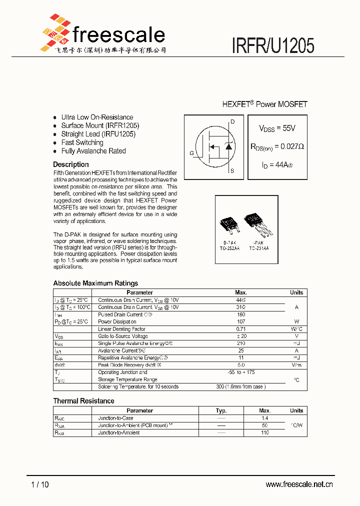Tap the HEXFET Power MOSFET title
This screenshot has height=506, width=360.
tap(264, 104)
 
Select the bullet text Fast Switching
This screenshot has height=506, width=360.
tap(82, 142)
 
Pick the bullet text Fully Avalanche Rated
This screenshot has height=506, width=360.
tap(93, 151)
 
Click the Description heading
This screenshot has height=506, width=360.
tap(71, 164)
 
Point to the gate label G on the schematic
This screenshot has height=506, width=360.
tap(191, 153)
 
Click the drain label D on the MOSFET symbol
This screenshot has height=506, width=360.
tap(232, 121)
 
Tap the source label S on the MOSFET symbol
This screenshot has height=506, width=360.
tap(232, 171)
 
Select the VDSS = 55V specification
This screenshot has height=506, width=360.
tap(277, 128)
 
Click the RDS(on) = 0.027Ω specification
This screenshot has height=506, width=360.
tap(277, 146)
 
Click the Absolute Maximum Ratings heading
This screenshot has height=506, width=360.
tap(95, 283)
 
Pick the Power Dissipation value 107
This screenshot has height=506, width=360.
tap(241, 321)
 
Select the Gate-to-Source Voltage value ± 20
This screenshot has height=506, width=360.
tap(241, 336)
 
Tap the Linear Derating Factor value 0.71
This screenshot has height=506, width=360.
tap(241, 329)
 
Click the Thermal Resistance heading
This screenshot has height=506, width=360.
tap(83, 401)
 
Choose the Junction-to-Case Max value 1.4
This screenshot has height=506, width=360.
tap(265, 418)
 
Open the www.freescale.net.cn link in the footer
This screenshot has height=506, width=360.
tap(299, 484)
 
